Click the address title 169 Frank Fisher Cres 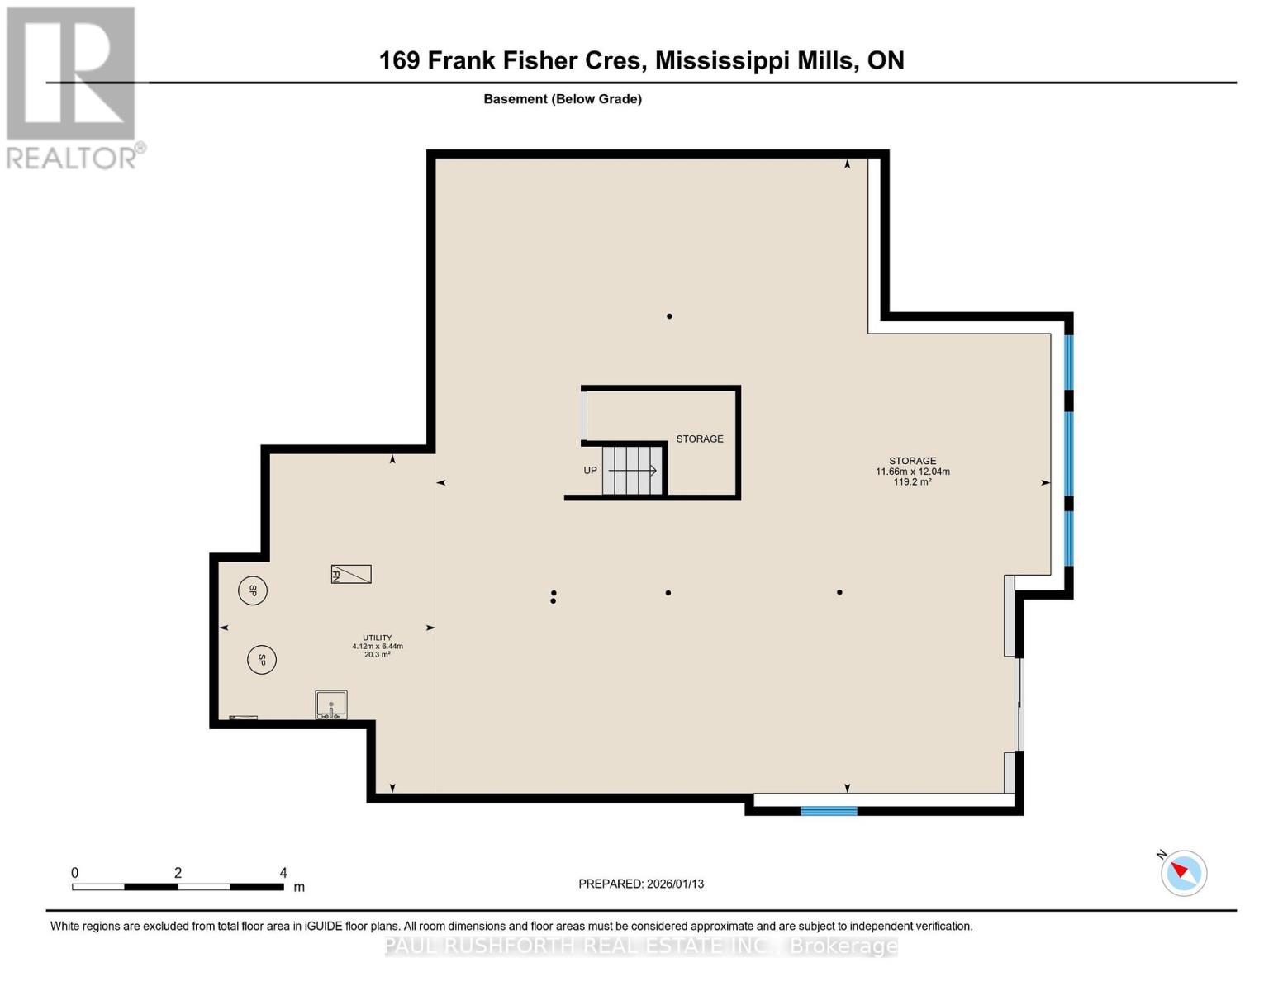coord(641,60)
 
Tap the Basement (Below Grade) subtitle coord(563,99)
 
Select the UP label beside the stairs coord(590,471)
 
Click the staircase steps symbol coord(633,471)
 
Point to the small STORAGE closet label coord(700,439)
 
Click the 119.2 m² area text coord(912,482)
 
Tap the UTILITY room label coord(378,638)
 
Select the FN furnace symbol coord(351,574)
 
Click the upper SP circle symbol coord(253,590)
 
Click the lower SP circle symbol coord(261,660)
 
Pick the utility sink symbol coord(330,705)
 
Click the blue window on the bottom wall coord(829,811)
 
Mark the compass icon coord(1183,873)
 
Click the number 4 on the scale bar coord(283,873)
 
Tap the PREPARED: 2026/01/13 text coord(641,884)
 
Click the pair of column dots coord(554,596)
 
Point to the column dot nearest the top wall coord(669,316)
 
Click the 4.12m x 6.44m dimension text coord(378,646)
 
